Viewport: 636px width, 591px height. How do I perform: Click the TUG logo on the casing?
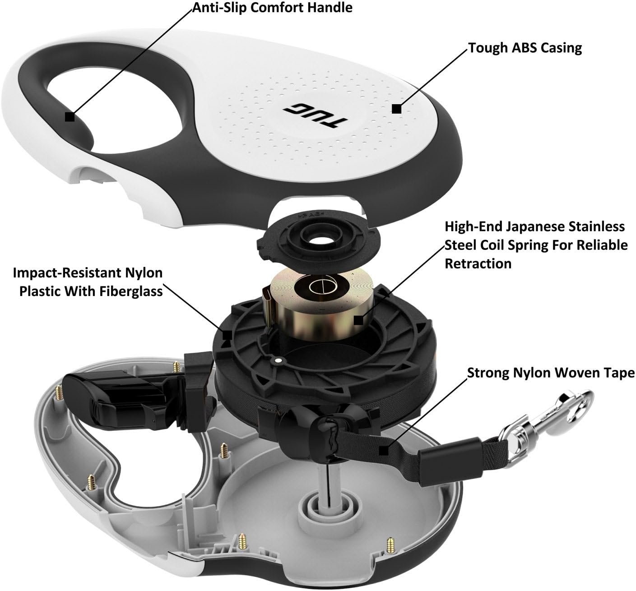[x=316, y=115]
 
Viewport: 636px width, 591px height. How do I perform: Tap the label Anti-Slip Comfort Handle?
[x=273, y=8]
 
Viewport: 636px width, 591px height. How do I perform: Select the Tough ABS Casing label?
[x=525, y=48]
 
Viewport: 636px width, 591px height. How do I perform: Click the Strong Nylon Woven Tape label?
[x=551, y=373]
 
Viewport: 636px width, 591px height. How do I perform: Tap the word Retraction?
[x=478, y=263]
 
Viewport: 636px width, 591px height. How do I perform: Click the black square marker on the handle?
[x=70, y=116]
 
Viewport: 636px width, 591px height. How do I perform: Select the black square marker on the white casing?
[x=396, y=109]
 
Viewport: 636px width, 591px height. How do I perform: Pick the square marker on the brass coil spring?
[x=358, y=319]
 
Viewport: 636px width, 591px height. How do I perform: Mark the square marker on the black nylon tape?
[x=383, y=451]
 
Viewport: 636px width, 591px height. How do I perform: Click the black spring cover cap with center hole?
[x=319, y=240]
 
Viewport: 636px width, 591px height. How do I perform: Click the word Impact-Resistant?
[x=61, y=273]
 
